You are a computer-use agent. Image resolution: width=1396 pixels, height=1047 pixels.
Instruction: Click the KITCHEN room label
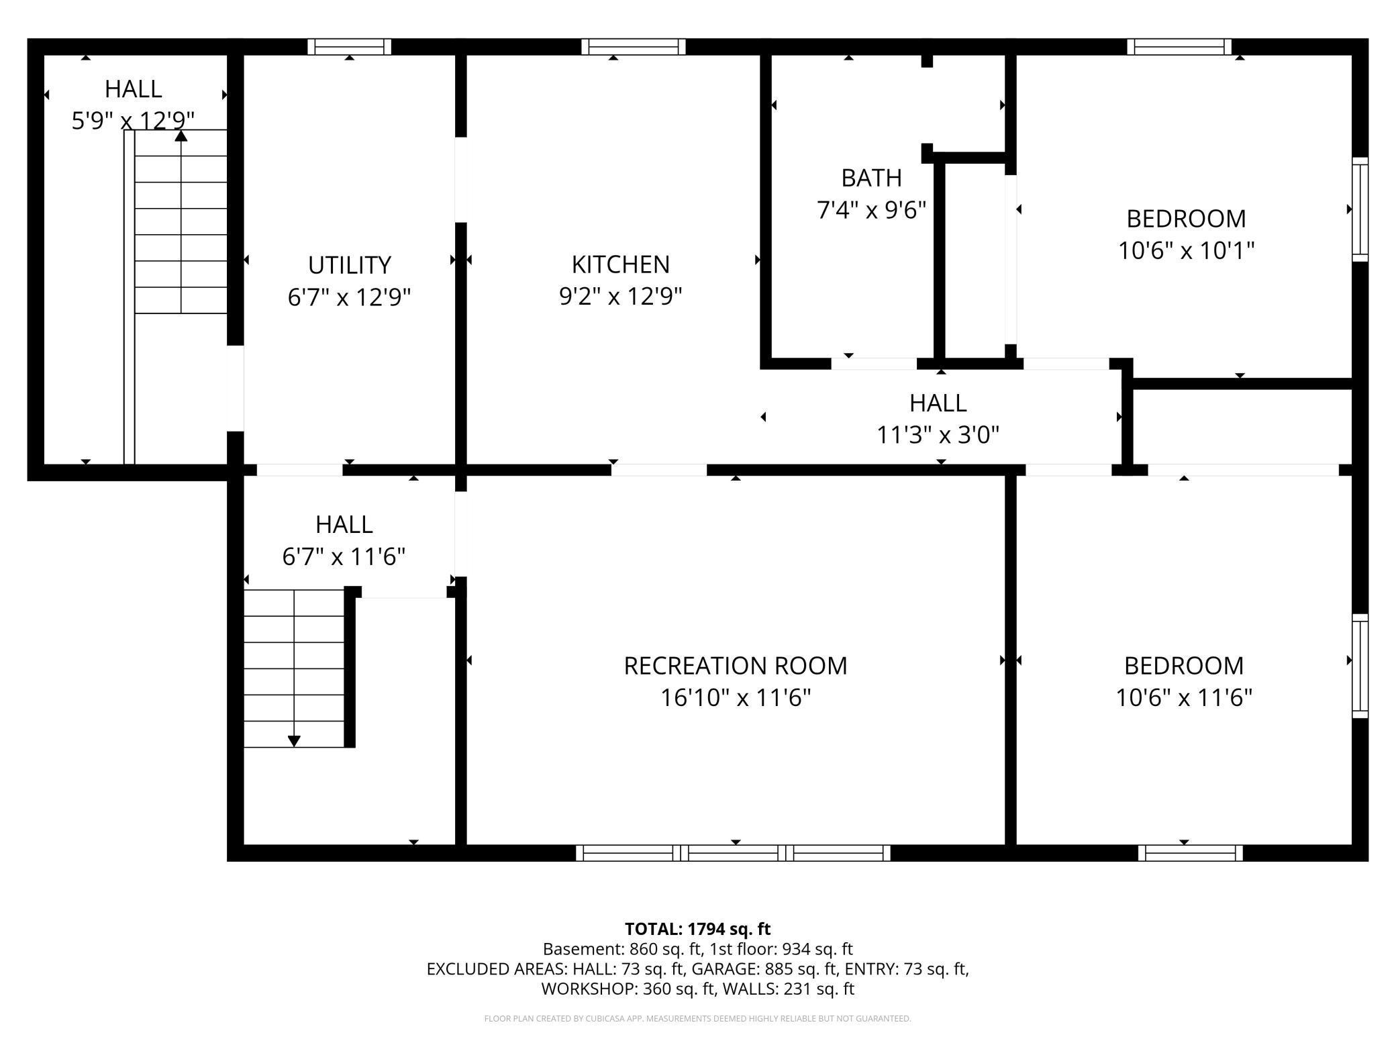620,264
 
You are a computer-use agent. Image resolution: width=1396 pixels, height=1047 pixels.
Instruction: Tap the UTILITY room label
349,265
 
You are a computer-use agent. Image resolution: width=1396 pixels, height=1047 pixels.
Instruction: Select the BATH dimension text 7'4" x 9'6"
871,210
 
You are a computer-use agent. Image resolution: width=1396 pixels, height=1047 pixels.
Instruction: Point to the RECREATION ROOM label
736,666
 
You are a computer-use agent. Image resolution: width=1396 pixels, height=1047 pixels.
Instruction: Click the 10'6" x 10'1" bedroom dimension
1186,251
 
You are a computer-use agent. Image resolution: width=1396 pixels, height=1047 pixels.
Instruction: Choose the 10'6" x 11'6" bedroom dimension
1184,698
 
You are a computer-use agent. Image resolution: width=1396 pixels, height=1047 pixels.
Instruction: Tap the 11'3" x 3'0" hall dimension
938,435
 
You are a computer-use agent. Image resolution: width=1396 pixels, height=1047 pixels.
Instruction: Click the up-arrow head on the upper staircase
181,136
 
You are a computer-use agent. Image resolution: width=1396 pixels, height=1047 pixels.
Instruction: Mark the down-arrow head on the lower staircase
294,741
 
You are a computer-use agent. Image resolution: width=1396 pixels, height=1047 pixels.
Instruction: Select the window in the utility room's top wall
349,46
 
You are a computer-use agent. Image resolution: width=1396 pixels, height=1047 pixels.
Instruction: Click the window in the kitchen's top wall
633,46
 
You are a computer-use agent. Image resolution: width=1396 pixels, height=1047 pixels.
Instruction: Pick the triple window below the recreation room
733,853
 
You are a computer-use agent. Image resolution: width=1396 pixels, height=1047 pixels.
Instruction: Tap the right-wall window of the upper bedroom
1360,209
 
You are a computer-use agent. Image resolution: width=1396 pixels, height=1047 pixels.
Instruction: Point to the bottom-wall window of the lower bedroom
1190,853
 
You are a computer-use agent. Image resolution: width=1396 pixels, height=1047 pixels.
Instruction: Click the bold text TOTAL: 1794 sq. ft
697,929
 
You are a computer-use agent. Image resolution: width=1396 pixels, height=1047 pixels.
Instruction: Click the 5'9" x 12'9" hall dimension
133,121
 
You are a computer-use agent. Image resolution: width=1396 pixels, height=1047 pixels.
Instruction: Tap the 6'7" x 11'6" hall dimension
344,556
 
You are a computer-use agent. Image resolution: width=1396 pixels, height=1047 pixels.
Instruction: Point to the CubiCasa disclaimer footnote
697,1019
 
